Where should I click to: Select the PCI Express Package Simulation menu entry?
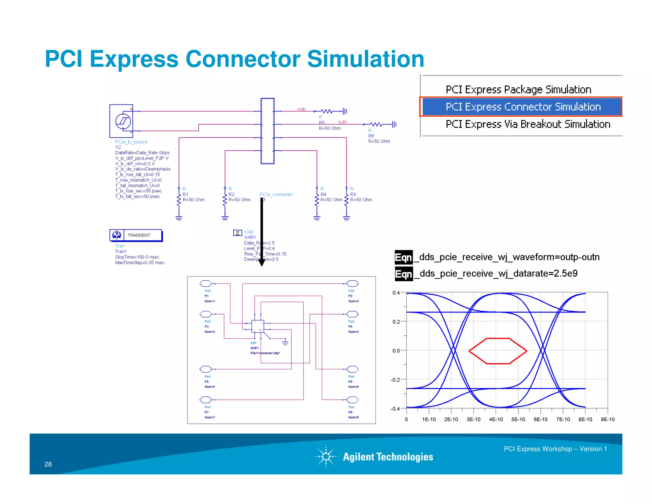(518, 90)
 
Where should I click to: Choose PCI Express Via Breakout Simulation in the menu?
(528, 124)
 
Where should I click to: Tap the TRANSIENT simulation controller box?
(136, 235)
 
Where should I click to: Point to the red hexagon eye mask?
(498, 351)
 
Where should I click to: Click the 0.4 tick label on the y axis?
(396, 293)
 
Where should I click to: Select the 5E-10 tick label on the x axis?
(518, 419)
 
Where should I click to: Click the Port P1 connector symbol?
(206, 284)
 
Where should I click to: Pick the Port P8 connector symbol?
(352, 400)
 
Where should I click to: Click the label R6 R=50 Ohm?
(379, 138)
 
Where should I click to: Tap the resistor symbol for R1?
(179, 200)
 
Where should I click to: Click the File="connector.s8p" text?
(265, 353)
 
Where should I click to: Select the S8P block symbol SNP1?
(258, 326)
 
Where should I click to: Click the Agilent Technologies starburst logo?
(326, 457)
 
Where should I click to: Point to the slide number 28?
(48, 464)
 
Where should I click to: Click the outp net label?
(301, 109)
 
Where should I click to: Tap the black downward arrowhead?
(261, 263)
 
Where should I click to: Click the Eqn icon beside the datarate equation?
(403, 274)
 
